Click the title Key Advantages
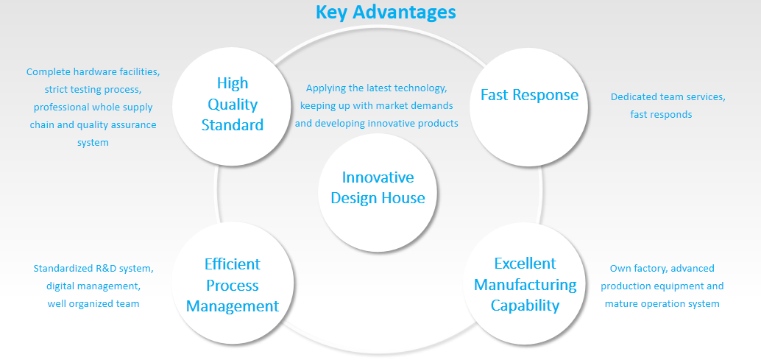pyautogui.click(x=386, y=12)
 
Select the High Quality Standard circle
pyautogui.click(x=232, y=105)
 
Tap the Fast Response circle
pyautogui.click(x=529, y=106)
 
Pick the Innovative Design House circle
pyautogui.click(x=378, y=193)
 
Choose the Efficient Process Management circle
pyautogui.click(x=233, y=283)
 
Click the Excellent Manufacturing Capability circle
pyautogui.click(x=525, y=284)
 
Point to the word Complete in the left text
pyautogui.click(x=46, y=72)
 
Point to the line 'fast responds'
pyautogui.click(x=661, y=115)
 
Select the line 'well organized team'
pyautogui.click(x=93, y=304)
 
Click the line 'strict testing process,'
pyautogui.click(x=93, y=90)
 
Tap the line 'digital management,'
pyautogui.click(x=93, y=286)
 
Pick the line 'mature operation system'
pyautogui.click(x=662, y=304)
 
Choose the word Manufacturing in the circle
pyautogui.click(x=525, y=284)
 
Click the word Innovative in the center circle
pyautogui.click(x=378, y=177)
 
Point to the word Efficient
pyautogui.click(x=233, y=264)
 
